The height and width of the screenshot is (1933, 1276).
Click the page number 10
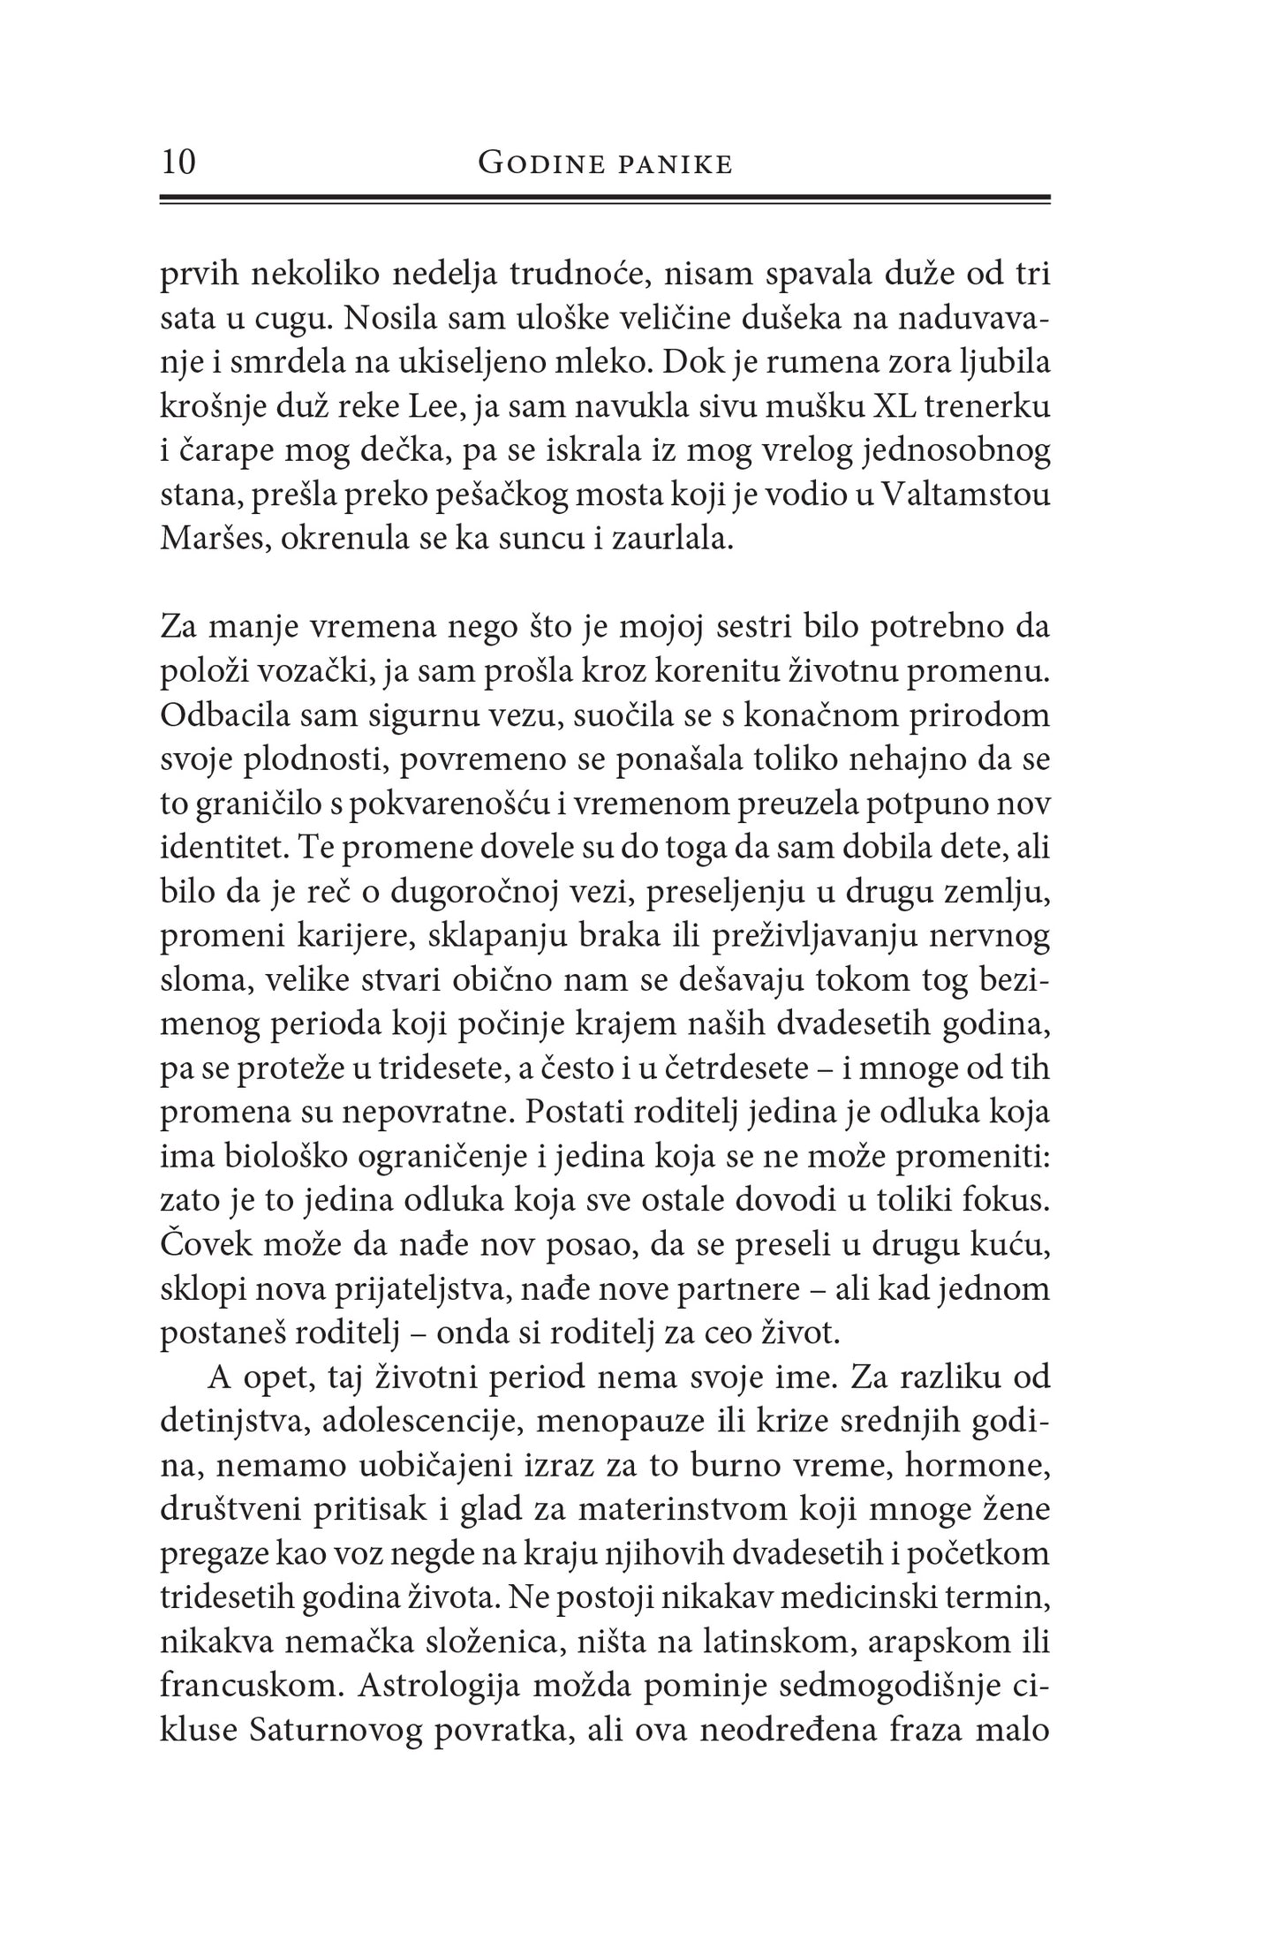[178, 163]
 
